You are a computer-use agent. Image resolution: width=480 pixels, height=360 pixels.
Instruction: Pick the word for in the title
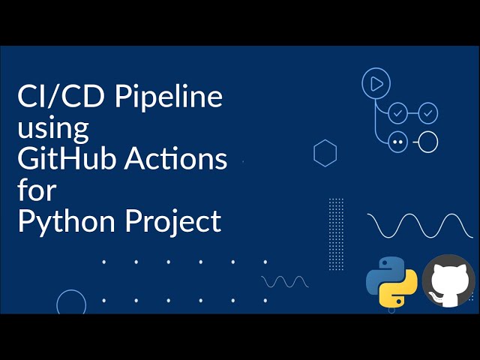click(37, 190)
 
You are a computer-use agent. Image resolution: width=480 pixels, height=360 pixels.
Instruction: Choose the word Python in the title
click(67, 221)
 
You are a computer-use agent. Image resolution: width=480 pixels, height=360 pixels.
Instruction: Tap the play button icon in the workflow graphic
click(376, 83)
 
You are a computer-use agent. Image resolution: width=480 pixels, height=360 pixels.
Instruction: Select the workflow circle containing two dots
click(397, 142)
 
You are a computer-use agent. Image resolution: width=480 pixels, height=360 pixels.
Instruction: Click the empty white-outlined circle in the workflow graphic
click(427, 142)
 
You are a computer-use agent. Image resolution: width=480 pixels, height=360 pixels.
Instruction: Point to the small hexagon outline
click(325, 153)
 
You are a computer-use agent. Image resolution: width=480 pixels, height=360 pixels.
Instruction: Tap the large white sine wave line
click(420, 225)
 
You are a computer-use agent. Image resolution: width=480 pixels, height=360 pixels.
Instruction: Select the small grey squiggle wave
click(285, 281)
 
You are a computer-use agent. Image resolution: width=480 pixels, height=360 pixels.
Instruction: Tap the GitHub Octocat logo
click(448, 282)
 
